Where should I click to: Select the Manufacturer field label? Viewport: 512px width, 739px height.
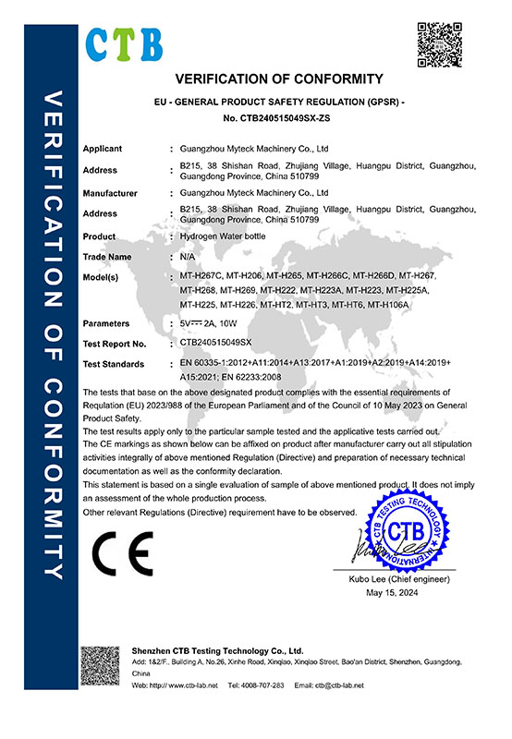point(110,194)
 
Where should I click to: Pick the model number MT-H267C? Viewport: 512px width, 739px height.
point(205,277)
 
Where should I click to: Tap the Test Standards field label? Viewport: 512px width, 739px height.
point(115,363)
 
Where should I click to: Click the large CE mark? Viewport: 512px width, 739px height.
point(123,556)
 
